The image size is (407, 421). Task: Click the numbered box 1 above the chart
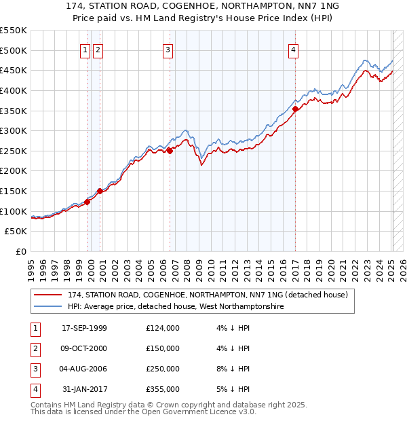point(85,49)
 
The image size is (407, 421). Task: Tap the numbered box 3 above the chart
point(167,49)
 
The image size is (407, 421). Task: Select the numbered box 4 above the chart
point(294,49)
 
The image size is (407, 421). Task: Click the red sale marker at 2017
point(296,109)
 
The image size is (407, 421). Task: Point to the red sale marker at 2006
point(170,151)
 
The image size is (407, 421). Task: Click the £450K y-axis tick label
point(13,71)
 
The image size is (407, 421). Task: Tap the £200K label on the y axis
point(13,171)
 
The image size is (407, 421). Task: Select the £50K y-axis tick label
point(16,232)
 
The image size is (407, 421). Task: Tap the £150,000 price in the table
point(163,348)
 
